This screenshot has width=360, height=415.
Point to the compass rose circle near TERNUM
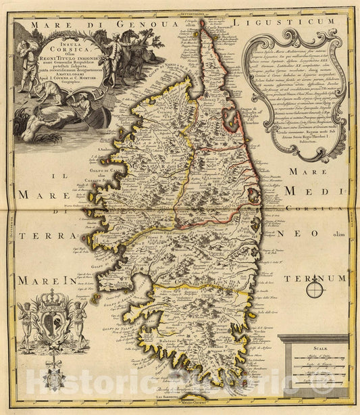click(315, 291)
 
